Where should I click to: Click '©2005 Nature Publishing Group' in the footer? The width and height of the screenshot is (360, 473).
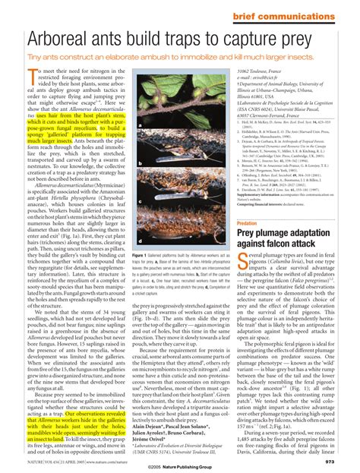[x=179, y=465]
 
